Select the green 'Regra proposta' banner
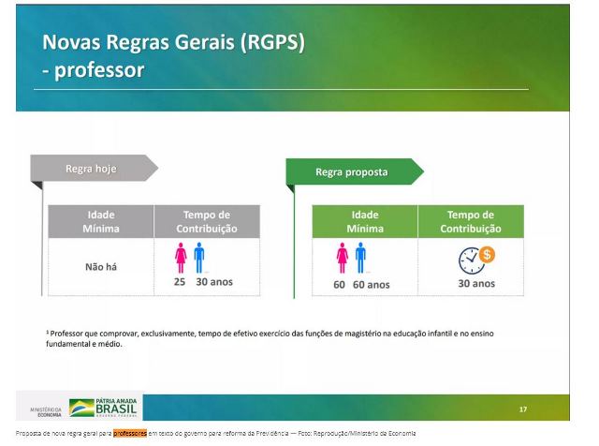[x=355, y=171]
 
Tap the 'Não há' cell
[x=101, y=267]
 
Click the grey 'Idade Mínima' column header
[x=101, y=221]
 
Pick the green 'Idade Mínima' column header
[x=365, y=221]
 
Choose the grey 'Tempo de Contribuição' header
[x=207, y=221]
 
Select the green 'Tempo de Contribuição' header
[x=471, y=221]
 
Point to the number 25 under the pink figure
[x=180, y=282]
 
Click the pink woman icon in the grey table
[x=181, y=258]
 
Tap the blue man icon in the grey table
[x=199, y=258]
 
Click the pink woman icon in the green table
[x=343, y=258]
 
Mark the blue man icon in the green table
[x=360, y=258]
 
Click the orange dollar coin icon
[x=487, y=254]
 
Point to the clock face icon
[x=471, y=261]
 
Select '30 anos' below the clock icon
[x=476, y=284]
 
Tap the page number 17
[x=523, y=409]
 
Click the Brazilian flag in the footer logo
[x=81, y=408]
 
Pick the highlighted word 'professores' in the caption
[x=130, y=434]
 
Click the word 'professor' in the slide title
[x=99, y=70]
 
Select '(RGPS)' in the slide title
[x=272, y=41]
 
